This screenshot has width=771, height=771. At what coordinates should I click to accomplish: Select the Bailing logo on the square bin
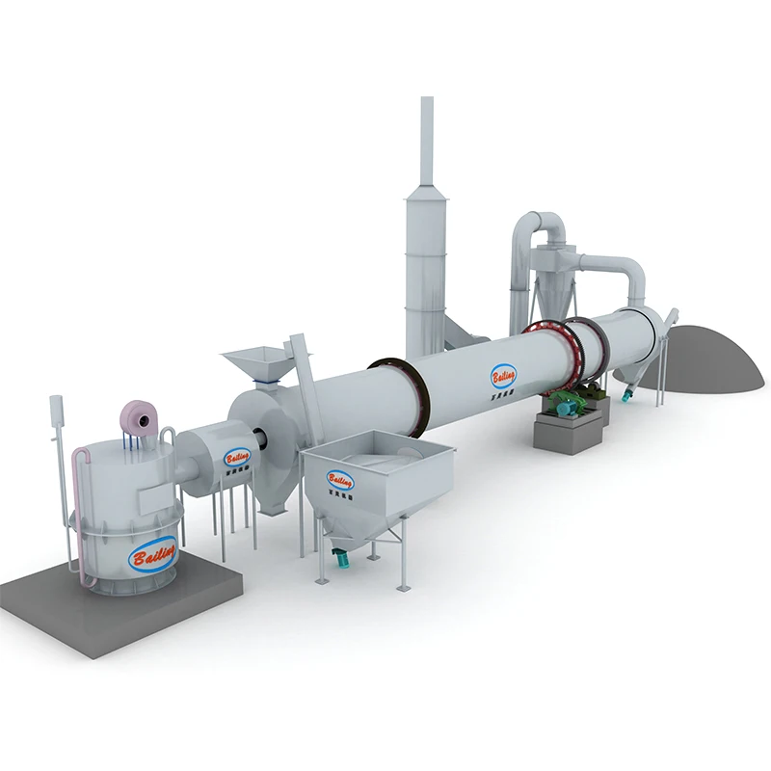[x=340, y=478]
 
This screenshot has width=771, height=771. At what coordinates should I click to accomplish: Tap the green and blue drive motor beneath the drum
[x=570, y=402]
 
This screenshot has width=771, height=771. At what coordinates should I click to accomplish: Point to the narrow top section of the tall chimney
[x=426, y=145]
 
